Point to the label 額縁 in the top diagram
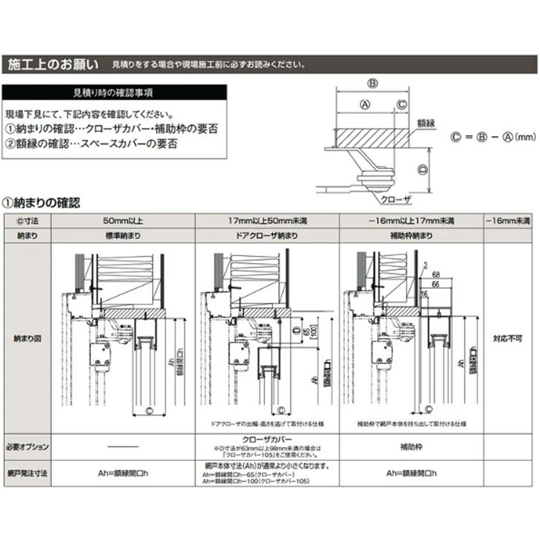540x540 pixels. [426, 124]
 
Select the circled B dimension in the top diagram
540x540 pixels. [372, 84]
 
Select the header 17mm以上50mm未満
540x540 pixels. [266, 221]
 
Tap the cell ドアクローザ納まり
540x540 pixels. [266, 236]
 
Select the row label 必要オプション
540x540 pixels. [28, 446]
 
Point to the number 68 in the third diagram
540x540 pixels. [436, 274]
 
